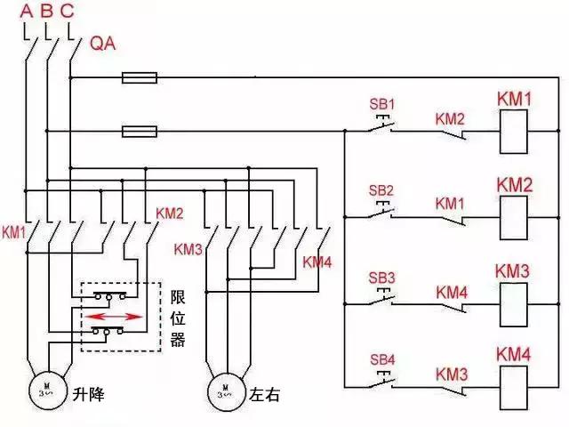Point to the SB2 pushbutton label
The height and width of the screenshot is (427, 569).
(x=381, y=190)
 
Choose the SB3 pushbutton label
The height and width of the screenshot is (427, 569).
(x=381, y=276)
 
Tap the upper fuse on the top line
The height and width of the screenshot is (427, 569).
(x=140, y=78)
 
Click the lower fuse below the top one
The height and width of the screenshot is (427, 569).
(x=140, y=133)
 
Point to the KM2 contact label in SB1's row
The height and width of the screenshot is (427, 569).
(x=450, y=118)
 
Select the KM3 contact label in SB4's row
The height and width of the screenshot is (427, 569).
(x=452, y=372)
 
